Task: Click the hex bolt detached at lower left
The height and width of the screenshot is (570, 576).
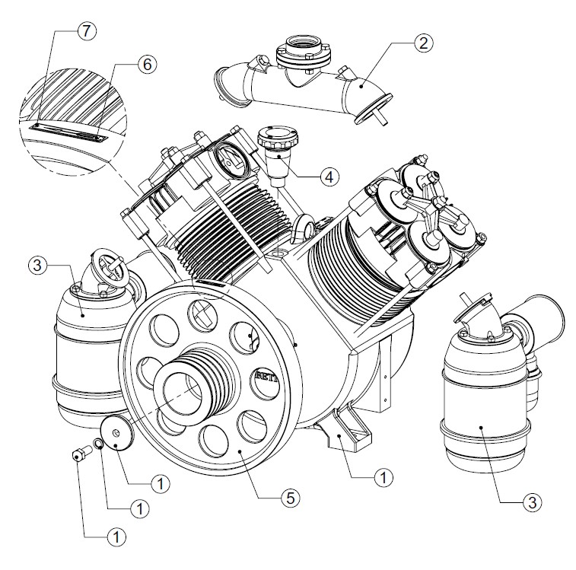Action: pos(77,455)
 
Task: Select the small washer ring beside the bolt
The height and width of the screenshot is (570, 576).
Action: pos(98,444)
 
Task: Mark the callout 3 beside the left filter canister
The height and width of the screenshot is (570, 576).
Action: pos(39,266)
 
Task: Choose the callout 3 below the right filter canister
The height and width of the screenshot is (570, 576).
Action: pos(532,501)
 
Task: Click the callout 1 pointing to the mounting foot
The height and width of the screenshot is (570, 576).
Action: pos(384,478)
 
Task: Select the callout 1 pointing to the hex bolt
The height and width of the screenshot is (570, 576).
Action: pos(115,537)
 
